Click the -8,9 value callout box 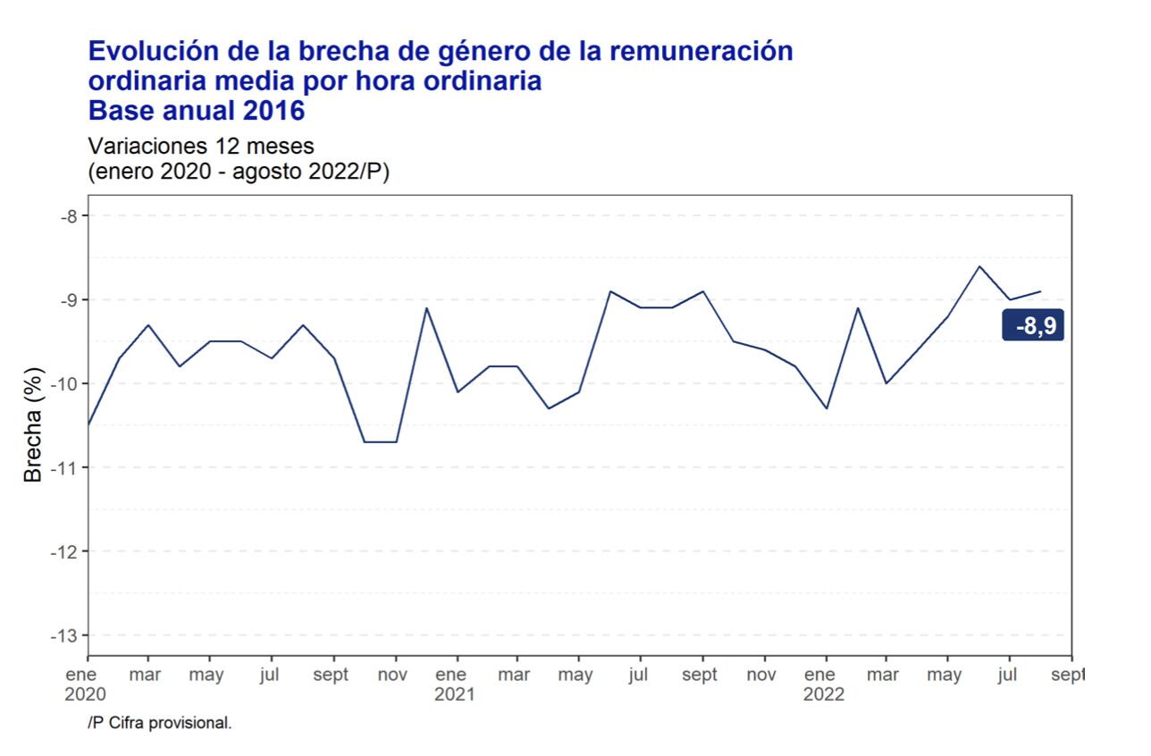[x=1033, y=325]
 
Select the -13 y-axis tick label [x=63, y=636]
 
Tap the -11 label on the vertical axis [x=63, y=468]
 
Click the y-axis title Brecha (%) [x=33, y=425]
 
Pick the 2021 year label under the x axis [x=454, y=695]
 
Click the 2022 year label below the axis [x=824, y=695]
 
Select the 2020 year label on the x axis [x=85, y=695]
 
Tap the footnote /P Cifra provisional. [x=160, y=723]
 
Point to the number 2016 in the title [x=273, y=111]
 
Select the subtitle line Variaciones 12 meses [x=201, y=147]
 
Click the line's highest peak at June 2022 [x=979, y=266]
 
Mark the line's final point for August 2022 [x=1040, y=291]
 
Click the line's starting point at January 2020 [x=88, y=425]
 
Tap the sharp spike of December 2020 [x=426, y=307]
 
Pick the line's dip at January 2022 [x=827, y=408]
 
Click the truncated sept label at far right [x=1068, y=675]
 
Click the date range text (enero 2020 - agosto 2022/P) [x=239, y=172]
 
